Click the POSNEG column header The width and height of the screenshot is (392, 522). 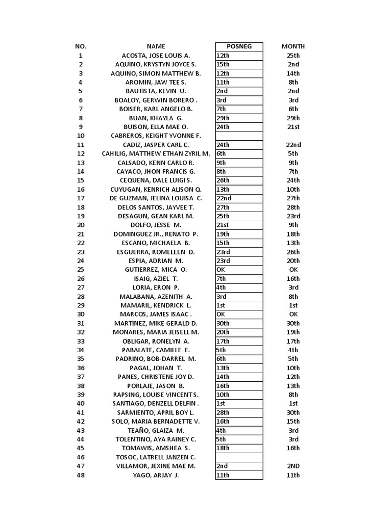(x=239, y=46)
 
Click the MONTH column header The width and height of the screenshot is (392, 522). (x=293, y=46)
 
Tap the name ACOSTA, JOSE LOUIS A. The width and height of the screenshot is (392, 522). (x=156, y=56)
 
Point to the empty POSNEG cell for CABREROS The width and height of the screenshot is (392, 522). (x=239, y=136)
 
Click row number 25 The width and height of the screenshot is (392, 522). (x=81, y=270)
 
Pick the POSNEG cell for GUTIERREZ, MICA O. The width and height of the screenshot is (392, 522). (x=239, y=270)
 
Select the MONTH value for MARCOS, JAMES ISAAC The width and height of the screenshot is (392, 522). (x=293, y=315)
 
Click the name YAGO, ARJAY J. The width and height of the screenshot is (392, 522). (x=156, y=476)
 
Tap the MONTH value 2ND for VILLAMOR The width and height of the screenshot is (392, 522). (x=293, y=466)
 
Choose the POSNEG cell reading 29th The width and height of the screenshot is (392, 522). (x=239, y=118)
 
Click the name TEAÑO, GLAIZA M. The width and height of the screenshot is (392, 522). (x=156, y=431)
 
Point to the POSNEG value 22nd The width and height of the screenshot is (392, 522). (x=239, y=198)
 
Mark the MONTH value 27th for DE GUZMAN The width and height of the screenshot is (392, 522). (x=293, y=198)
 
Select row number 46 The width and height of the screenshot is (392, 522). (x=81, y=457)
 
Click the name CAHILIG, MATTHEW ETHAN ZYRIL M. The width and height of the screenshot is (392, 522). (x=156, y=153)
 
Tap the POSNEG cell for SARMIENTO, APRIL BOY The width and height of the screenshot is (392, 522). (x=239, y=413)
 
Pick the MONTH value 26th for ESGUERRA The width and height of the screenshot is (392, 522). (x=293, y=252)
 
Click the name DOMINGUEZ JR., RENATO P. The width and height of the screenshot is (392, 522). (x=156, y=234)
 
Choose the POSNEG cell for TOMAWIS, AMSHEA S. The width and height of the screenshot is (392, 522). (x=239, y=449)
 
